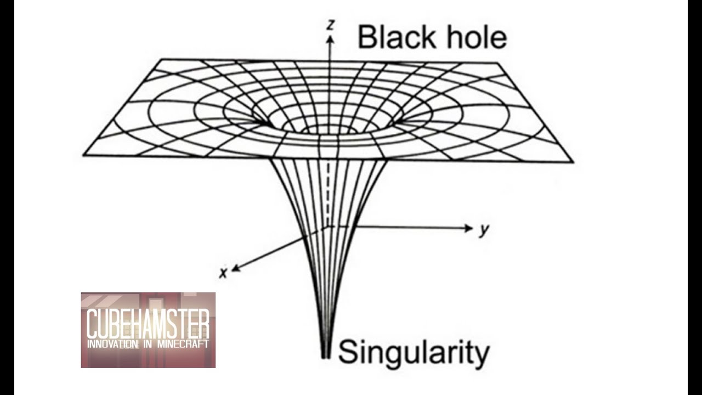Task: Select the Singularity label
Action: (413, 353)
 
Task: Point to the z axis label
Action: (330, 25)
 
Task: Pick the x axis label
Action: (223, 273)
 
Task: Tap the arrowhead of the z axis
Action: (330, 38)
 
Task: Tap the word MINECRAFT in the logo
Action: (183, 344)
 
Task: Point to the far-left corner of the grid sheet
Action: (83, 155)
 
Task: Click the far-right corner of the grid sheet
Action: (573, 162)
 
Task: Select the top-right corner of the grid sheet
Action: (500, 63)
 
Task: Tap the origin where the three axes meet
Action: (329, 226)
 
